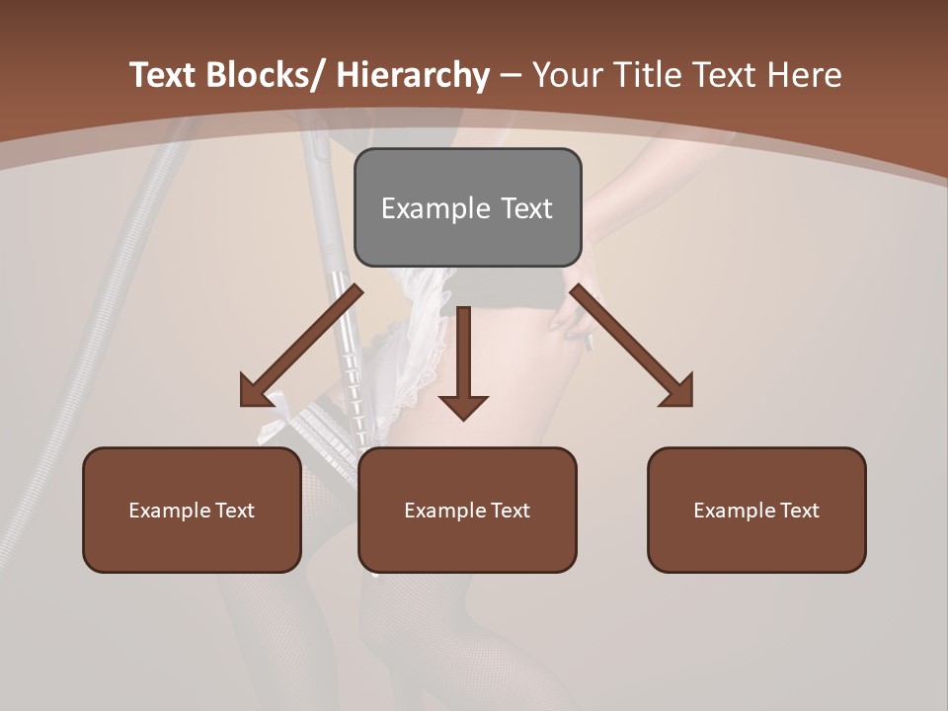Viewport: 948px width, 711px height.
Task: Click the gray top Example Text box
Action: [467, 207]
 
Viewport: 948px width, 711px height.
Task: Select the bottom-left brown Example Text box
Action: [192, 510]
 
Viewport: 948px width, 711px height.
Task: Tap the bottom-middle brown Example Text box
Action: [467, 510]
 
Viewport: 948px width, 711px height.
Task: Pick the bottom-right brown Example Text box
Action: [756, 510]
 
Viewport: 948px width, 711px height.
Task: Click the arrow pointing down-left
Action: [301, 346]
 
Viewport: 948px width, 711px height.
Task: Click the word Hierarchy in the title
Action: [413, 75]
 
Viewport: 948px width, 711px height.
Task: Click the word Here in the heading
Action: [806, 75]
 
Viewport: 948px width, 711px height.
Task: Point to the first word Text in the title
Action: [164, 75]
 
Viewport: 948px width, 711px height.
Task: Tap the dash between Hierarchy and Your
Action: [511, 75]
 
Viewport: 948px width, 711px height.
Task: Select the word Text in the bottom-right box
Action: [798, 510]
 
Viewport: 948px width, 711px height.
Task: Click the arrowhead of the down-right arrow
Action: [677, 392]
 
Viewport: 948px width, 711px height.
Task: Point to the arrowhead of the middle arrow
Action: [463, 407]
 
